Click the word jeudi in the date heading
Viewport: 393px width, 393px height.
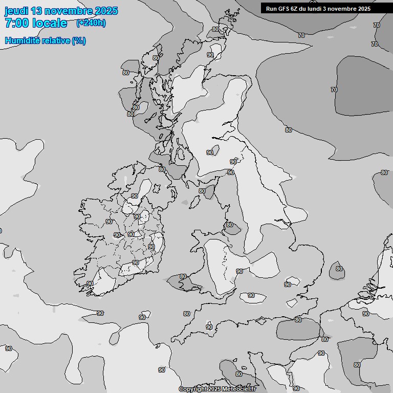16,11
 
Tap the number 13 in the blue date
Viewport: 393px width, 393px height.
37,11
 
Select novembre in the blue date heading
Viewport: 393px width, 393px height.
69,11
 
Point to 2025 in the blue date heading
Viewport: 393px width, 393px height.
106,11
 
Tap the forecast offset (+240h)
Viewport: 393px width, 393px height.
91,23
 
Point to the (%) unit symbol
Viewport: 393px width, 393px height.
79,41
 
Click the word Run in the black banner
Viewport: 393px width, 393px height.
271,8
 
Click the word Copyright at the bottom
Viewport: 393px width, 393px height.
192,389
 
